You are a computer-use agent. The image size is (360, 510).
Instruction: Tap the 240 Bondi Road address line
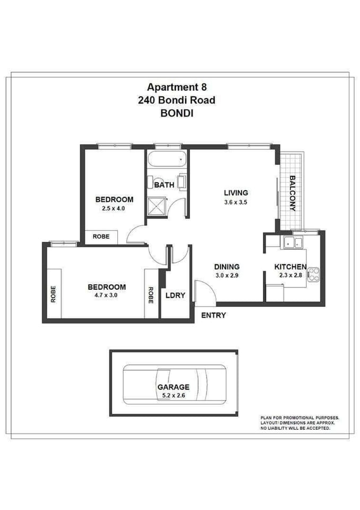[x=176, y=100]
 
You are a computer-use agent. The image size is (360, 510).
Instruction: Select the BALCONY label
[x=292, y=193]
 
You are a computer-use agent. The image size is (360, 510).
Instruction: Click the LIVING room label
[x=236, y=193]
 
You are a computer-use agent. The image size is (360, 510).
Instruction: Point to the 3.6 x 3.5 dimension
[x=236, y=202]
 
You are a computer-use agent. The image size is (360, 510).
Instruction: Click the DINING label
[x=227, y=267]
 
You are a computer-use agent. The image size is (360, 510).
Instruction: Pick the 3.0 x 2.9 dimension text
[x=227, y=276]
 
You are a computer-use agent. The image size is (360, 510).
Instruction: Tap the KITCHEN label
[x=290, y=267]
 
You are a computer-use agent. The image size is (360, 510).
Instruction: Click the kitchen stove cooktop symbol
[x=313, y=274]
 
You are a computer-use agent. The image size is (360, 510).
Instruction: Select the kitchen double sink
[x=292, y=243]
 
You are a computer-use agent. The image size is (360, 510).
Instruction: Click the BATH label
[x=164, y=185]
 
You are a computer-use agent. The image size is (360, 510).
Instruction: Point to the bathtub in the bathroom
[x=167, y=158]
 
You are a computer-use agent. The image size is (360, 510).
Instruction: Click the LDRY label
[x=175, y=295]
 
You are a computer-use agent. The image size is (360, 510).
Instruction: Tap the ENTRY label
[x=213, y=316]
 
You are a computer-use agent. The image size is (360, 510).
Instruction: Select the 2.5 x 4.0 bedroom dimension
[x=114, y=209]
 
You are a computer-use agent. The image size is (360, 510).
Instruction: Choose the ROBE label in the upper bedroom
[x=101, y=236]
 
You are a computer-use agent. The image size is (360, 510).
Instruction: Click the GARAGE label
[x=173, y=387]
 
